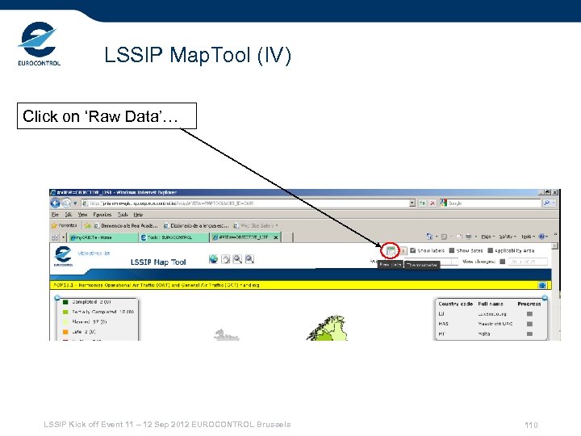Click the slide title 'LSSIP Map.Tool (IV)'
[198, 56]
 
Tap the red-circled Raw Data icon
[391, 251]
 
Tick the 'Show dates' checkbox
[452, 251]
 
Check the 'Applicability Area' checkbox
[490, 251]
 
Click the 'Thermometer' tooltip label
[421, 264]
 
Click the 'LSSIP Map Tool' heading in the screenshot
[158, 262]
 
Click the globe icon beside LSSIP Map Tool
[213, 259]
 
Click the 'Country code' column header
[455, 304]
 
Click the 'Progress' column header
[529, 304]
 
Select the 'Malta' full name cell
[484, 333]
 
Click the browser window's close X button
[554, 193]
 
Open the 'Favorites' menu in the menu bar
[102, 215]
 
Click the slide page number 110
[531, 426]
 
